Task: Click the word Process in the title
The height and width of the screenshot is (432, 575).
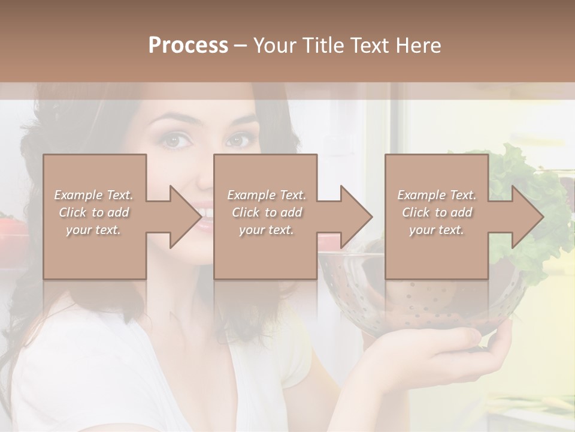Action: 188,46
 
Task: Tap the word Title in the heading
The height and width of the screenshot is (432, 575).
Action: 323,46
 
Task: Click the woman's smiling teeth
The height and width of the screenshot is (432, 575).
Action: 205,214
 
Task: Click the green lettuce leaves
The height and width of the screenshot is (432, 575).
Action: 527,174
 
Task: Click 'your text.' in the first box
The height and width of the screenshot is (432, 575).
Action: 93,229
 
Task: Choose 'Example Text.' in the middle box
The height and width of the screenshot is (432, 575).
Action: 266,195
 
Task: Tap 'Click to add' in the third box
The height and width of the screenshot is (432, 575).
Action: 436,212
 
